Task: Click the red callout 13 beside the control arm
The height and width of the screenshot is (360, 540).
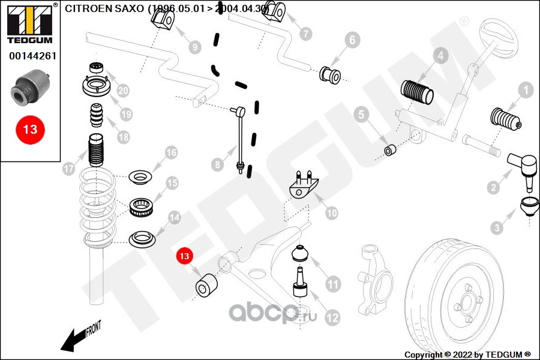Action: click(184, 256)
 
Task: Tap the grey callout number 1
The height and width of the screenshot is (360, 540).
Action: click(525, 91)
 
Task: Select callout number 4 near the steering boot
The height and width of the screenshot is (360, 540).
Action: click(440, 56)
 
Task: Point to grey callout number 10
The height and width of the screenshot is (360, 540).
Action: click(331, 212)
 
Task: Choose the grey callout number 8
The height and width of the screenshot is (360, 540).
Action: click(217, 164)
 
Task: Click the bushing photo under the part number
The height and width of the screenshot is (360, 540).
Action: click(30, 86)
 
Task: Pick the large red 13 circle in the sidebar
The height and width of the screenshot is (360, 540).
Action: click(30, 129)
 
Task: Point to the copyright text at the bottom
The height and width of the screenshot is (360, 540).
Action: click(467, 355)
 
